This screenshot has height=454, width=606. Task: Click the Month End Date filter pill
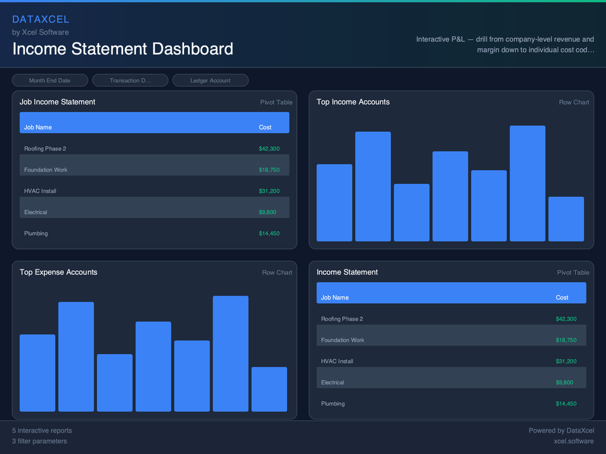(50, 80)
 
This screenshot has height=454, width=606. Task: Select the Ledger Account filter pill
(210, 80)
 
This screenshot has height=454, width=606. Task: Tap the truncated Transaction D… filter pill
(130, 80)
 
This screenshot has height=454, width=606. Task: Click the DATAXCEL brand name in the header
(41, 20)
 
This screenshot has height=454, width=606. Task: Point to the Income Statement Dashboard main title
(123, 48)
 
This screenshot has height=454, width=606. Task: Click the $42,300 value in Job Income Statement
(269, 149)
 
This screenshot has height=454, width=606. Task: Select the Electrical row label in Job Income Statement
(36, 212)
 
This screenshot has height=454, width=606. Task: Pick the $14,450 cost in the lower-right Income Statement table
(566, 404)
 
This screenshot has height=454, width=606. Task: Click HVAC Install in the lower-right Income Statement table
(337, 361)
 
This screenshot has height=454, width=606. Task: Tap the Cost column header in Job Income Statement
(265, 127)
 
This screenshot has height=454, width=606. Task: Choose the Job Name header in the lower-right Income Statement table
(335, 297)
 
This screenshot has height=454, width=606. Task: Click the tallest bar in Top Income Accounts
(527, 183)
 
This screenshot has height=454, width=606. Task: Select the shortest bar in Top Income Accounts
(566, 219)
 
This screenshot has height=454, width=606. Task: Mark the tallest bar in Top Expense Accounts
(230, 354)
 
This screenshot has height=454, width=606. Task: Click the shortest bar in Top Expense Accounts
(269, 389)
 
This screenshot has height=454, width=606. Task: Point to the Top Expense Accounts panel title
(58, 272)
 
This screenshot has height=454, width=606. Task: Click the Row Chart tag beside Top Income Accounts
(573, 102)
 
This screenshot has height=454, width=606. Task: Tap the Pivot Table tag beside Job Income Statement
(276, 102)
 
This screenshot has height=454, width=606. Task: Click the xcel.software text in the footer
(573, 441)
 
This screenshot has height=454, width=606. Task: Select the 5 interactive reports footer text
(42, 430)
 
